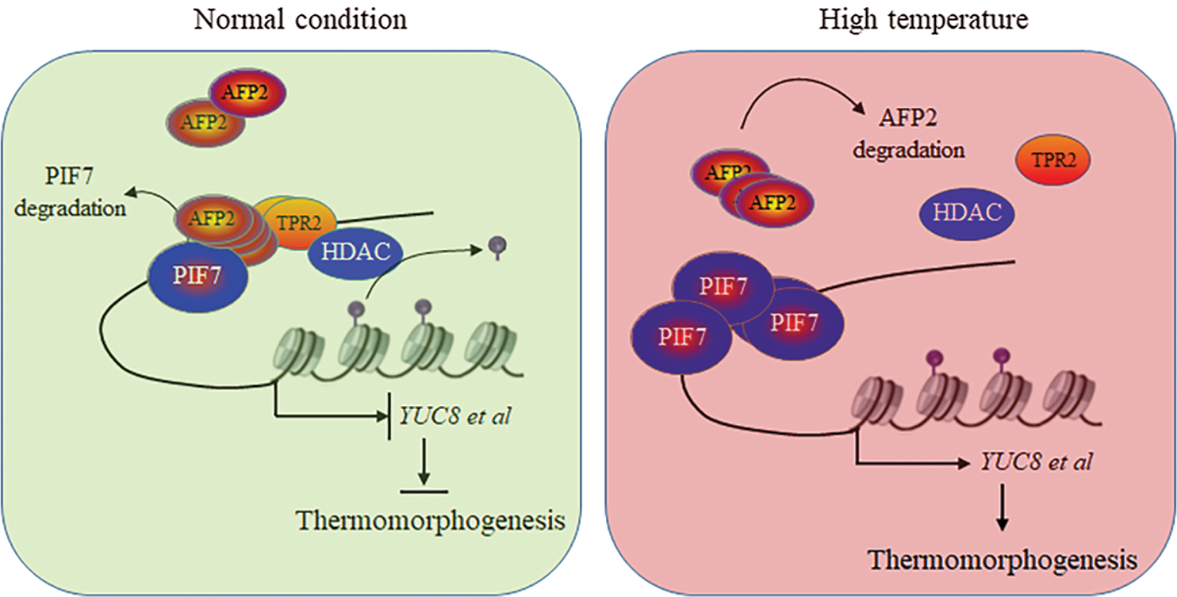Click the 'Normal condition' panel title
click(x=300, y=18)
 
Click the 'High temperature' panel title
click(x=923, y=18)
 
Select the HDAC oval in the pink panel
click(x=967, y=212)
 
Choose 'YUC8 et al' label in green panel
click(x=454, y=415)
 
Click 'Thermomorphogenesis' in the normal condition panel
click(x=431, y=521)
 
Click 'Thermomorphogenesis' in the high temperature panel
click(x=1003, y=560)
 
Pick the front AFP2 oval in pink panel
click(x=774, y=202)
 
